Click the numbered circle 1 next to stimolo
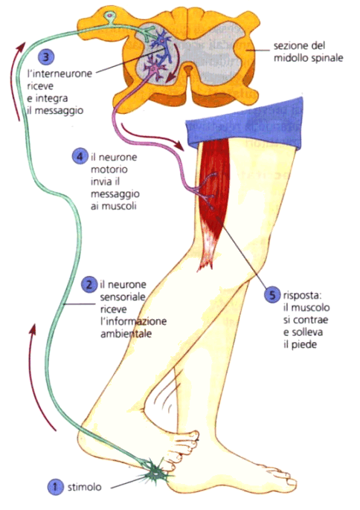click(55, 487)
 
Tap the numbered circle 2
click(89, 285)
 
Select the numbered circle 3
click(46, 57)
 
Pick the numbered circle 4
click(80, 157)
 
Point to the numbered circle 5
click(272, 295)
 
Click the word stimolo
click(84, 487)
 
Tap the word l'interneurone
click(60, 74)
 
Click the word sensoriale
click(123, 297)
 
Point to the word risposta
click(303, 296)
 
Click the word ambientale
click(126, 334)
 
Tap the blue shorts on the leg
click(244, 123)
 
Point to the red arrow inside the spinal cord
click(173, 62)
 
